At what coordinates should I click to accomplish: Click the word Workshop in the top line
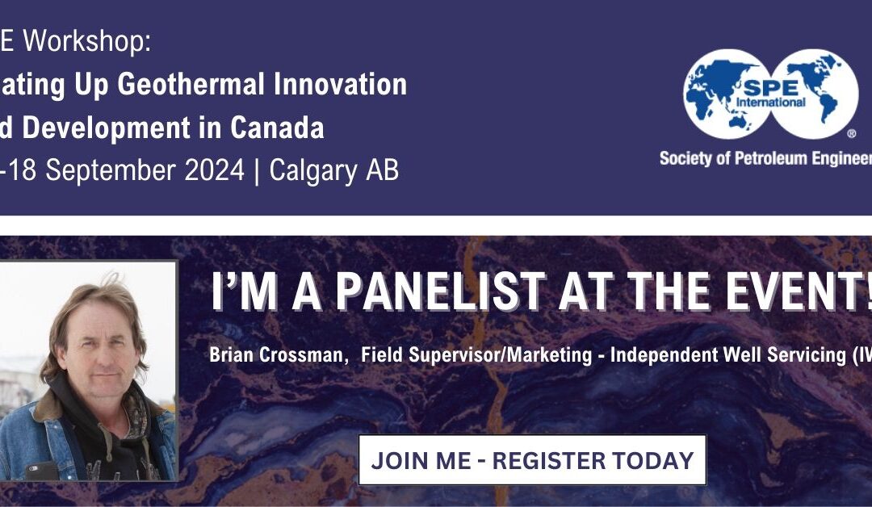(x=87, y=41)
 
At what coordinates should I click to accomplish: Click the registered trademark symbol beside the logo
(x=850, y=133)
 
